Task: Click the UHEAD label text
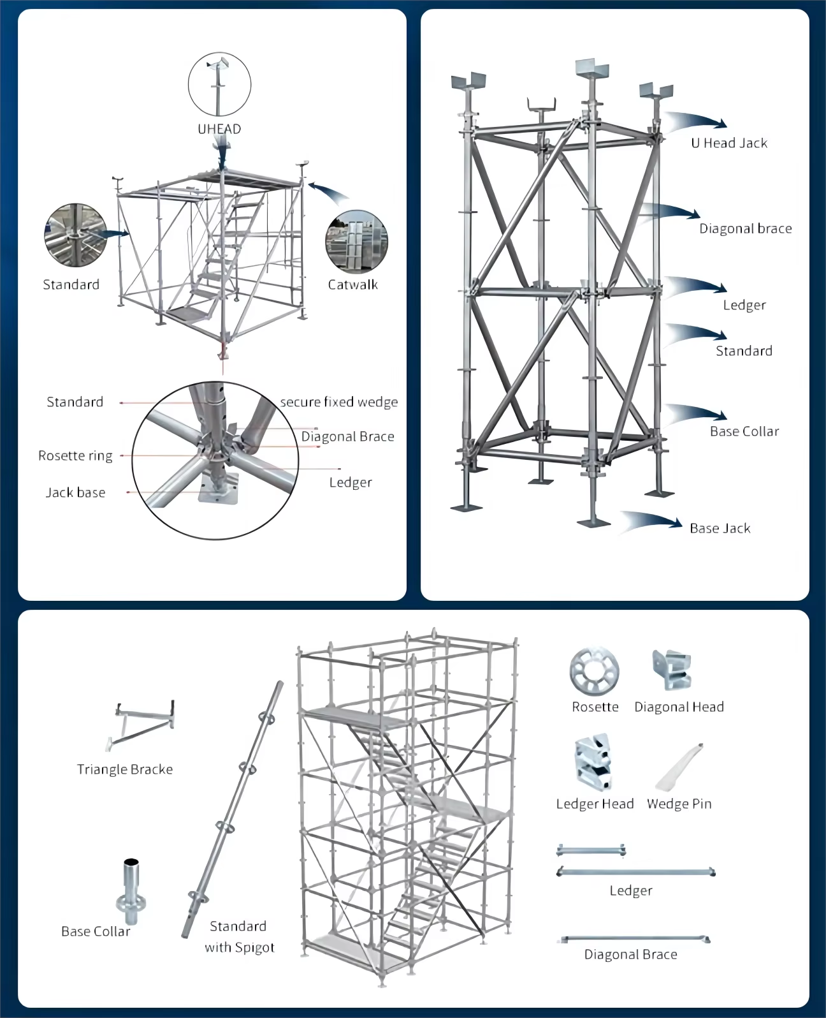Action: (x=219, y=129)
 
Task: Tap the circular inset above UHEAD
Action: (x=219, y=85)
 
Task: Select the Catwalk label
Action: (x=352, y=284)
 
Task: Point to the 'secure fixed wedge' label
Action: (x=339, y=402)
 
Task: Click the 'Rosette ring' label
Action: (x=75, y=455)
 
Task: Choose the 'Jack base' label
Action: (x=75, y=492)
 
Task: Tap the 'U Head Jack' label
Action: (x=729, y=143)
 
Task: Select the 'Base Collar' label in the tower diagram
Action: (x=744, y=431)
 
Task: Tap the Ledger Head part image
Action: (x=593, y=762)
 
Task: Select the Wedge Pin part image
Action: (x=679, y=766)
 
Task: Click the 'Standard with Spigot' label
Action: (x=239, y=936)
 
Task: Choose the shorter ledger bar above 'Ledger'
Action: (x=591, y=850)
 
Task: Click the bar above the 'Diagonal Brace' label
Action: (x=635, y=939)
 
